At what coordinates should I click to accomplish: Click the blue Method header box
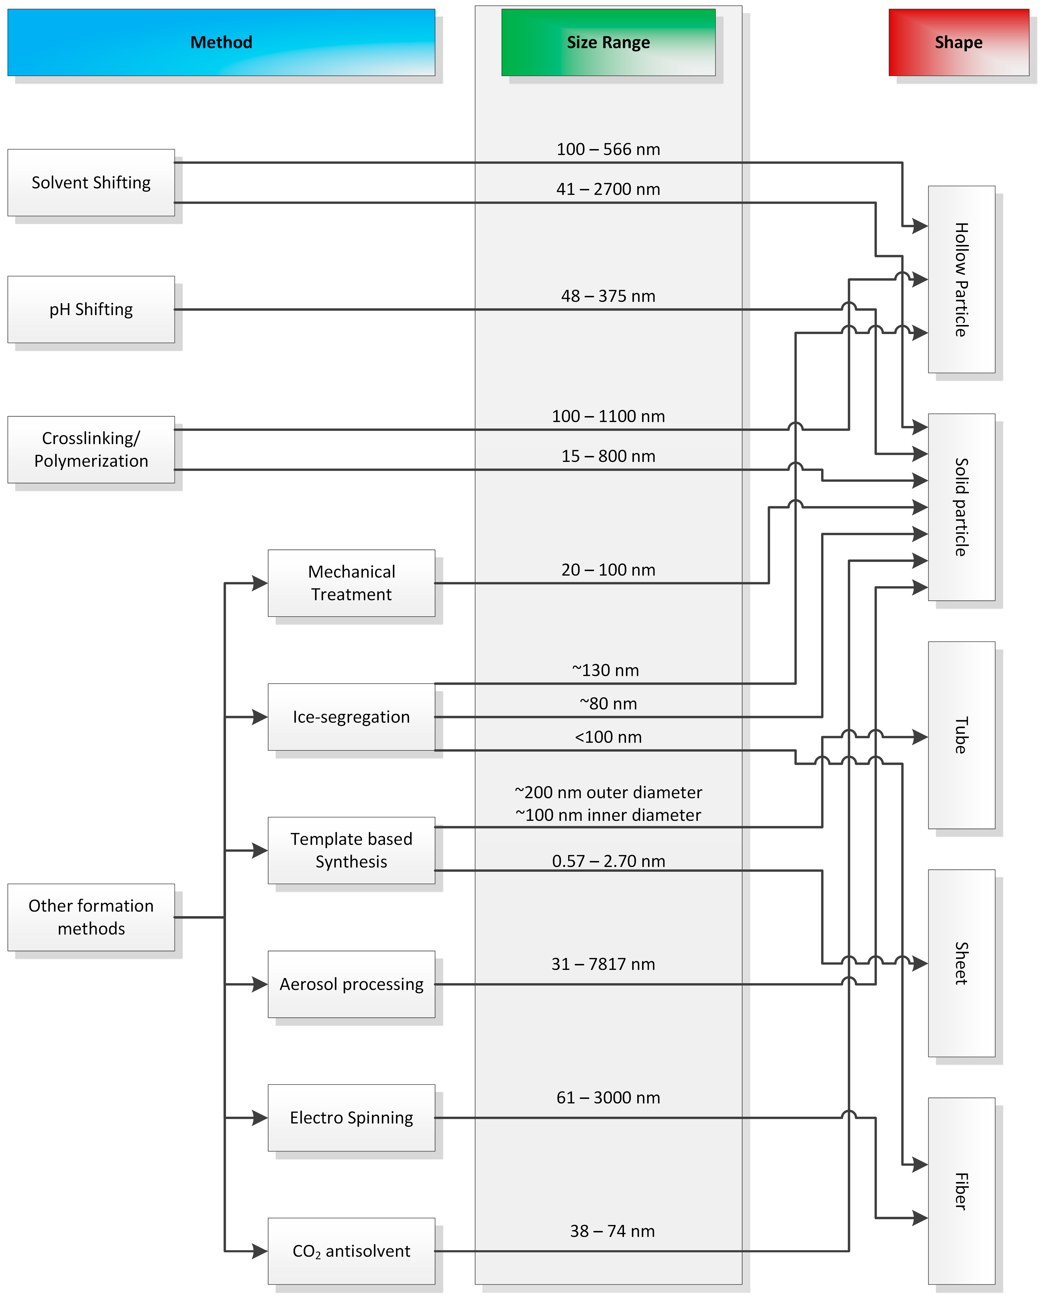(221, 42)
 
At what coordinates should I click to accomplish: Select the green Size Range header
(608, 42)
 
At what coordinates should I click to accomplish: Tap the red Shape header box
(959, 42)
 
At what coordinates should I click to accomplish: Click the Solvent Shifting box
(91, 182)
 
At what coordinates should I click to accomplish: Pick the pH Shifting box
(91, 309)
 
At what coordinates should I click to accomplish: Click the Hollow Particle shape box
(961, 279)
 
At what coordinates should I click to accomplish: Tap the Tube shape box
(961, 735)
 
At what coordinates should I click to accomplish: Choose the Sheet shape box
(961, 963)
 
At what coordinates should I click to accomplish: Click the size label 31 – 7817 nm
(603, 964)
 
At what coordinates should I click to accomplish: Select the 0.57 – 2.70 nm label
(608, 861)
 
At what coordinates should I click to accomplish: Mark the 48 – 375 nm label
(608, 296)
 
